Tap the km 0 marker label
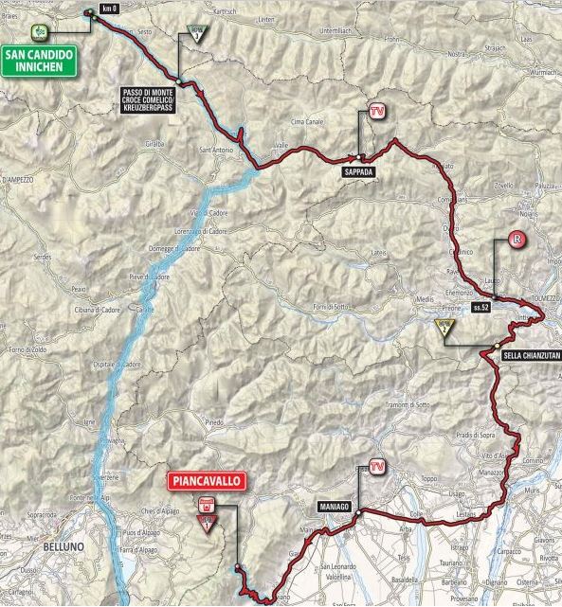click(109, 9)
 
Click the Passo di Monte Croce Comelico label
click(150, 98)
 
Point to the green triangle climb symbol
click(196, 35)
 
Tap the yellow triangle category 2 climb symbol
click(443, 329)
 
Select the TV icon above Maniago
click(377, 467)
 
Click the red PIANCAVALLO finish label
click(208, 481)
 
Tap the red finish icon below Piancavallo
click(204, 504)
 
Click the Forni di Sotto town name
click(336, 305)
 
